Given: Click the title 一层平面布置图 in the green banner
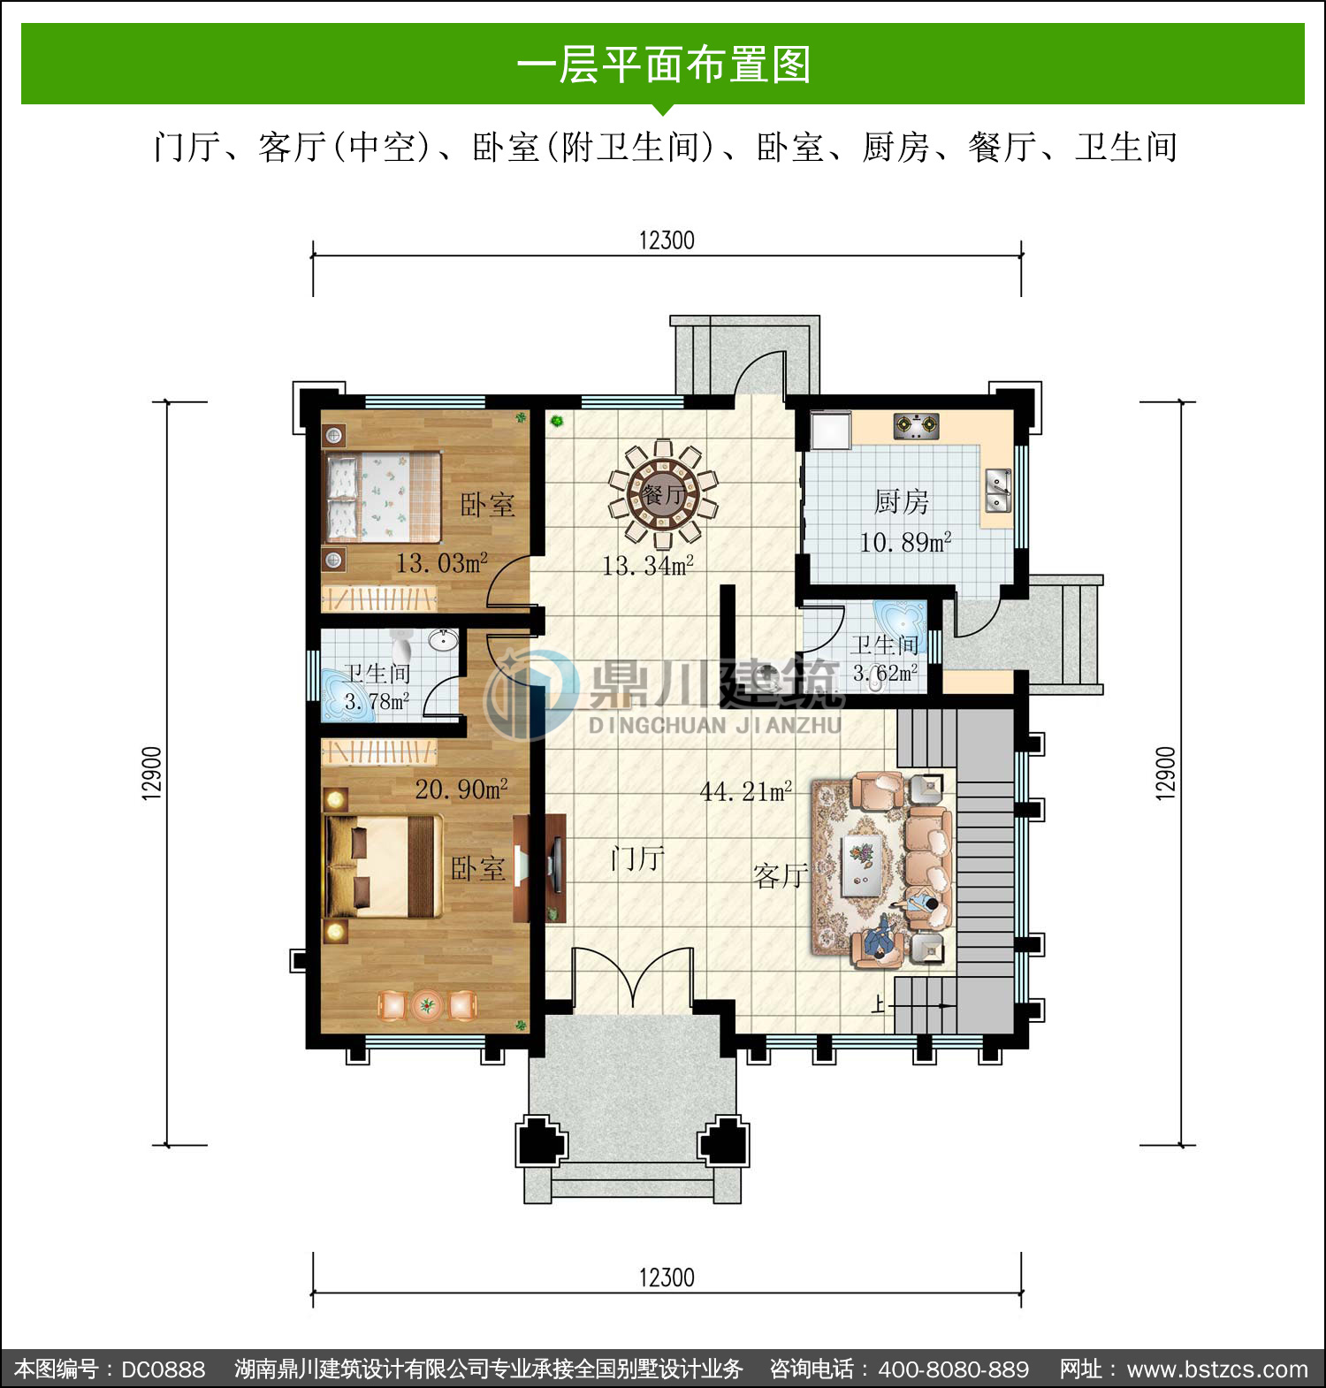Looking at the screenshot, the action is [663, 65].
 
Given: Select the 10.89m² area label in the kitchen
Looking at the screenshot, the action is [905, 542].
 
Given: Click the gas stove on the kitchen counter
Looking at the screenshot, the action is [916, 426].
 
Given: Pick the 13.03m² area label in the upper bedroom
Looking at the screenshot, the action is [441, 562].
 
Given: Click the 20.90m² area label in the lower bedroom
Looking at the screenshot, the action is [461, 789].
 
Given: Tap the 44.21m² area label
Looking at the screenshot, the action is [745, 791].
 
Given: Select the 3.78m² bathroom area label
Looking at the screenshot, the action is [377, 702].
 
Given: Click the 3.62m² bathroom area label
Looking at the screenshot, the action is [885, 673].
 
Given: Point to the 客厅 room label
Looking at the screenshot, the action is [780, 875].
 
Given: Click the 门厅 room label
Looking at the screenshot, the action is [637, 858].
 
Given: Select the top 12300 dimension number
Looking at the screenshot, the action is [667, 240].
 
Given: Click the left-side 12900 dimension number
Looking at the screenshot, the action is [152, 774].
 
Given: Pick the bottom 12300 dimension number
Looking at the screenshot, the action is [667, 1277].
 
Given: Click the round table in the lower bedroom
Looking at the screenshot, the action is [428, 1005].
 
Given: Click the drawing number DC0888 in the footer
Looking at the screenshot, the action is [164, 1369].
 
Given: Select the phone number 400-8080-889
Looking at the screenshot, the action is [954, 1369].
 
